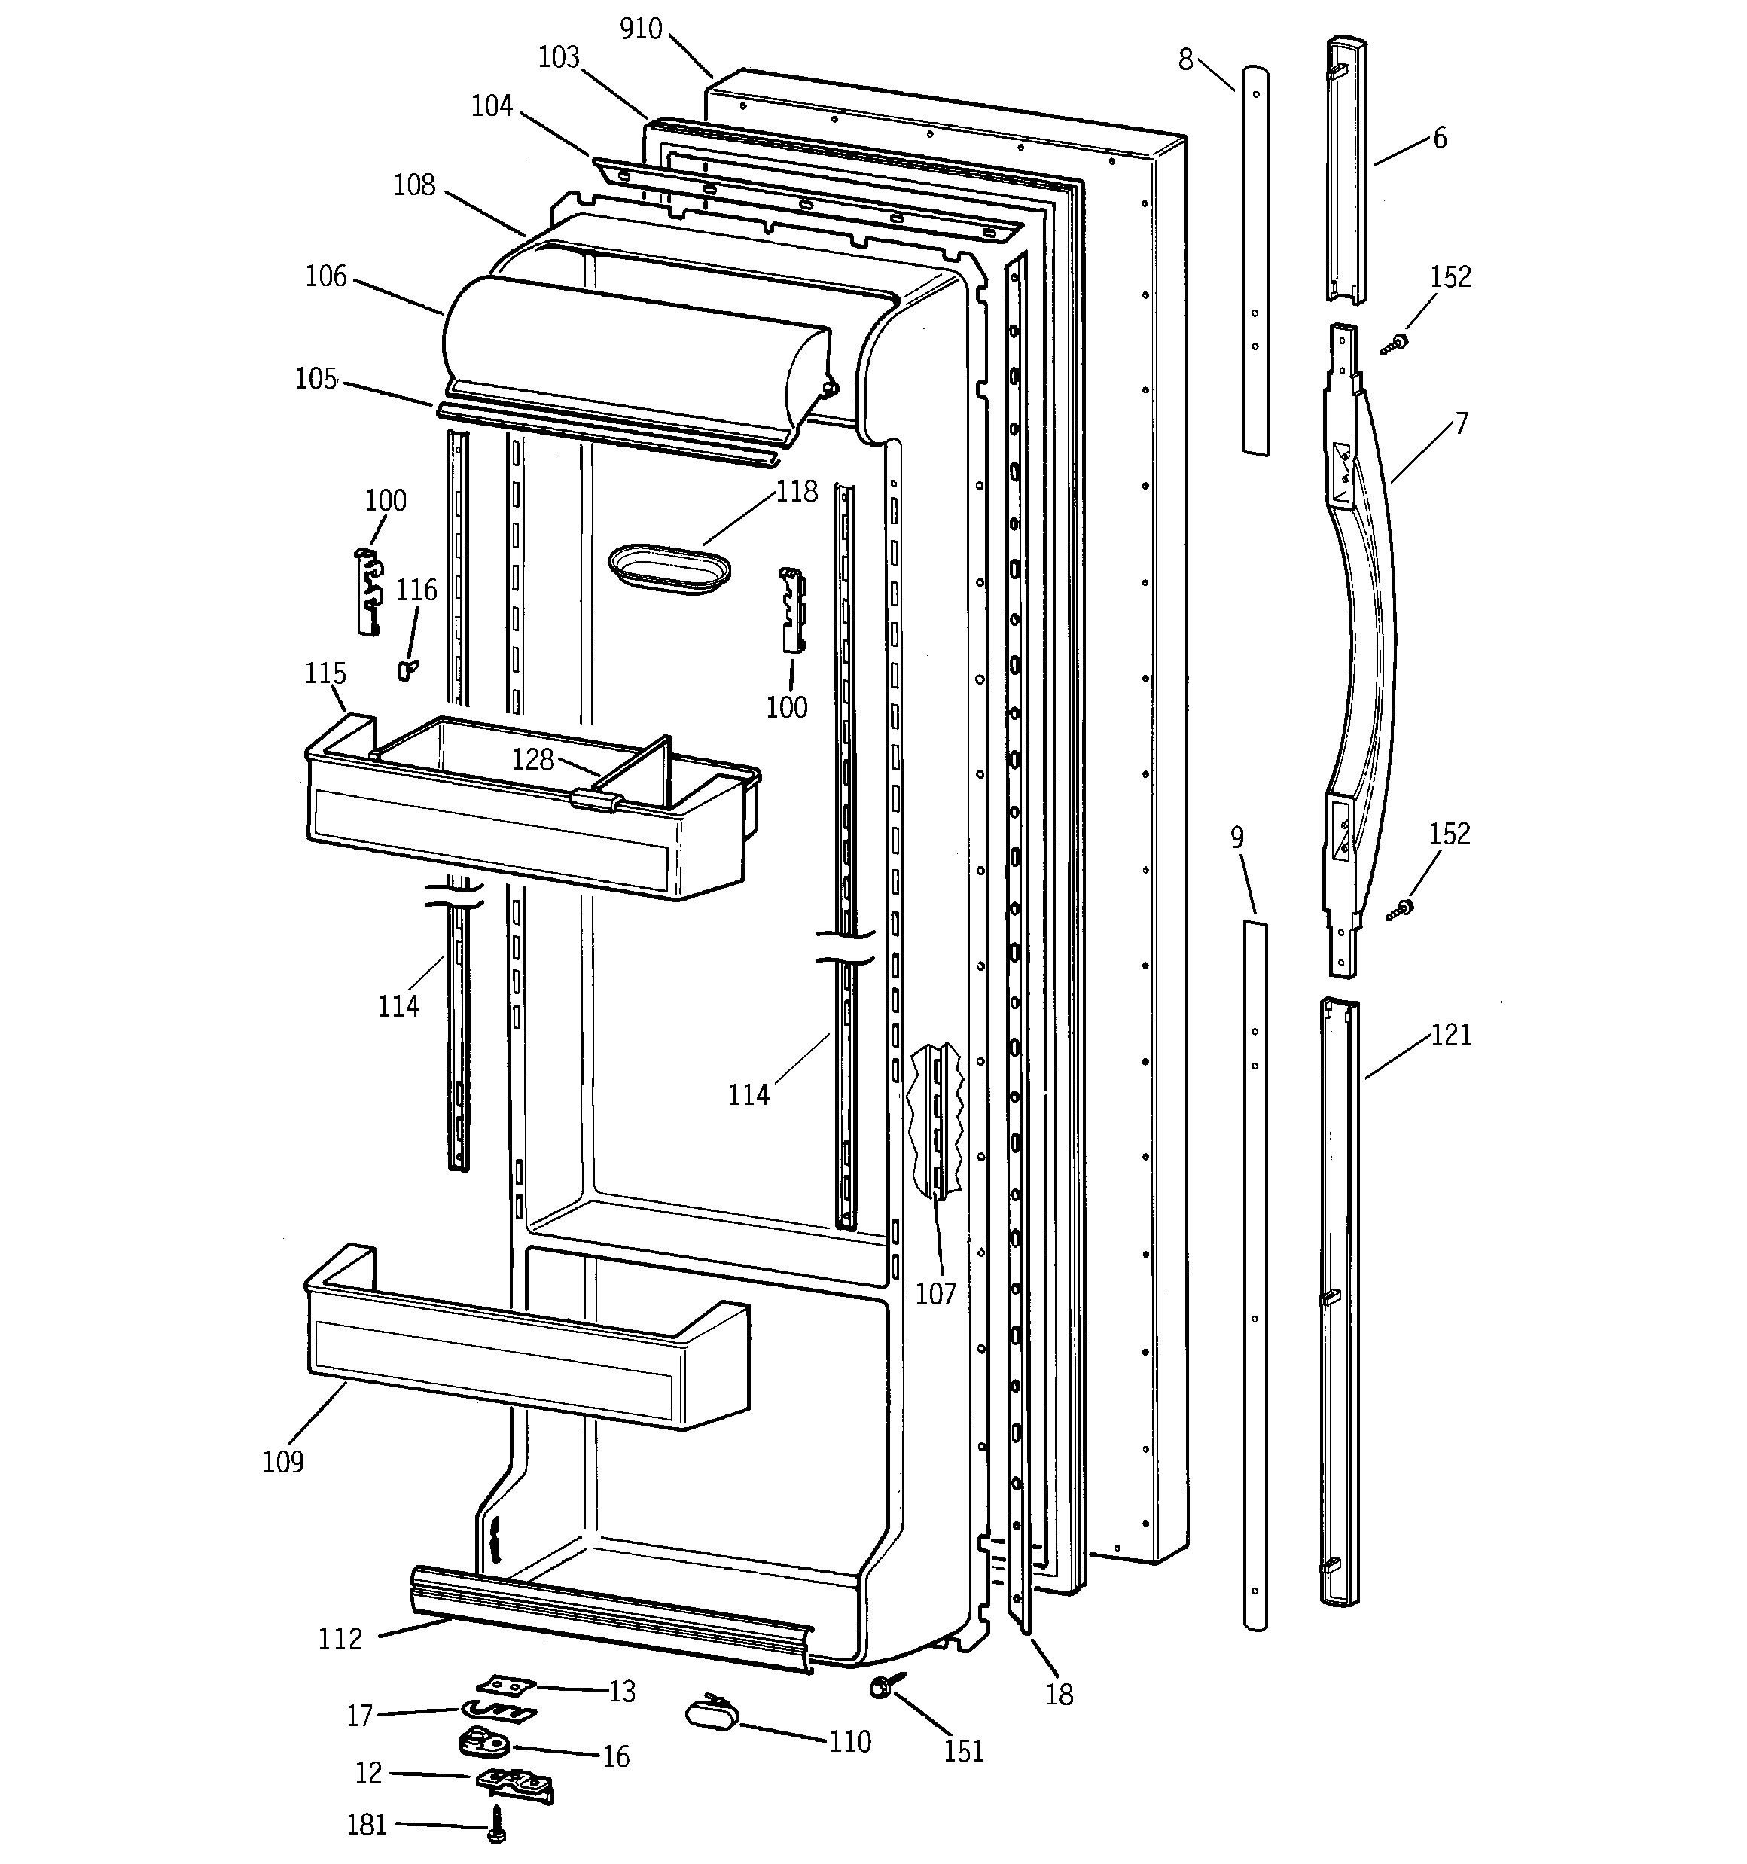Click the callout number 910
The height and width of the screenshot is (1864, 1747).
[x=642, y=29]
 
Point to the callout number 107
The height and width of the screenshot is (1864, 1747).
[x=935, y=1294]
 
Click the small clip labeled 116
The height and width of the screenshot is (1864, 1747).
[x=406, y=670]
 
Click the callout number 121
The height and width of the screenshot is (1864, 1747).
[x=1450, y=1035]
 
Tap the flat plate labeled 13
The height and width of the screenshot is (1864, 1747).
[x=505, y=1684]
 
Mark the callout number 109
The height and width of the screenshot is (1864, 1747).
[x=283, y=1462]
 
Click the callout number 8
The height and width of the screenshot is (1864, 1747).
[x=1185, y=60]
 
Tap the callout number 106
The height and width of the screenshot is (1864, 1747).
[x=325, y=276]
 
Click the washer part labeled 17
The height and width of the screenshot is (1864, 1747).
[x=497, y=1711]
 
